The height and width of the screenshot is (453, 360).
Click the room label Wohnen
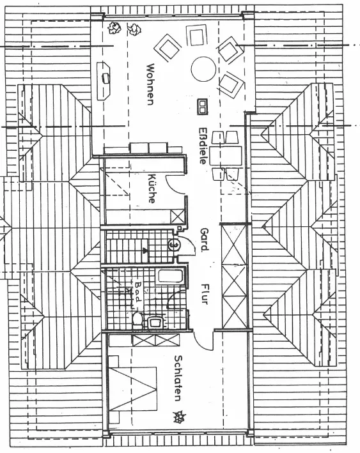[151, 84]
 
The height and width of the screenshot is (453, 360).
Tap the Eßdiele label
[203, 146]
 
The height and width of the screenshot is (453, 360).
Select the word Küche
[152, 188]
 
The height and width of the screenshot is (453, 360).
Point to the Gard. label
[204, 239]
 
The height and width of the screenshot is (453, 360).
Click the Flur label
[205, 294]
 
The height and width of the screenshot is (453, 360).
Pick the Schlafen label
[178, 378]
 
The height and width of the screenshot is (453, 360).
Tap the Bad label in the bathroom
[137, 291]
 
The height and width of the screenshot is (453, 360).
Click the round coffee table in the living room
[203, 69]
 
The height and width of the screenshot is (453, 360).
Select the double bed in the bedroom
[133, 389]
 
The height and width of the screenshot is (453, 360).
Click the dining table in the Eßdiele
[226, 155]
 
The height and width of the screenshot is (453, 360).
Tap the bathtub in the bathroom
[170, 276]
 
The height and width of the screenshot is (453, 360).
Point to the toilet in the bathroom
[137, 319]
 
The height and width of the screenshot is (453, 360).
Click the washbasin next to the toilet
[155, 322]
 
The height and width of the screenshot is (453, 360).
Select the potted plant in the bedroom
[179, 417]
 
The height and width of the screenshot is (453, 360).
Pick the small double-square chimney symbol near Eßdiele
[202, 106]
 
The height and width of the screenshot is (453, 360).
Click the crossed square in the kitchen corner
[177, 217]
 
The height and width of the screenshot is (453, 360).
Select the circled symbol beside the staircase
[175, 245]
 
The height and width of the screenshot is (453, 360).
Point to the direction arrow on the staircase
[145, 250]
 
